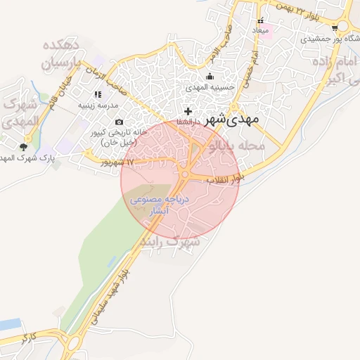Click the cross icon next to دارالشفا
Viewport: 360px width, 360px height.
coord(187,111)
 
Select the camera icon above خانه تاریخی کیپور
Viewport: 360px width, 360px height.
coord(118,122)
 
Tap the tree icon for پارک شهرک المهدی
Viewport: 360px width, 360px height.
coord(24,146)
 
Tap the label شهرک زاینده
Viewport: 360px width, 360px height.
coord(170,241)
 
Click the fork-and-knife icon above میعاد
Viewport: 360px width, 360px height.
coord(262,21)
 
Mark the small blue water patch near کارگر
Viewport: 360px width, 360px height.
coord(10,325)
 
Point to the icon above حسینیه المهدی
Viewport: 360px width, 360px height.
coord(209,77)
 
